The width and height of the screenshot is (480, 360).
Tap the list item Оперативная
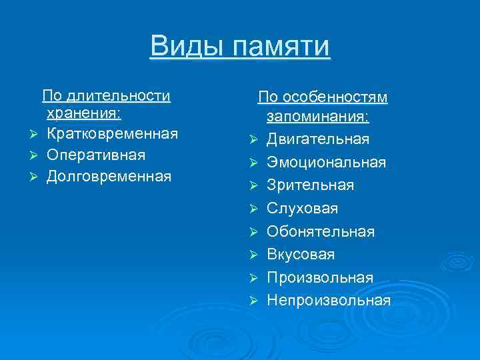[96, 155]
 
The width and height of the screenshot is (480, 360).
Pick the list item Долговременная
[109, 177]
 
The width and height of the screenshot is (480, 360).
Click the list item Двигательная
[317, 139]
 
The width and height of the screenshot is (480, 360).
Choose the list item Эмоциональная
[326, 162]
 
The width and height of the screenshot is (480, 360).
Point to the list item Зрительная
[310, 185]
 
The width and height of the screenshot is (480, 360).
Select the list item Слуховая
[302, 209]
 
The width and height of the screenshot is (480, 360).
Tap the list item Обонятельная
[320, 231]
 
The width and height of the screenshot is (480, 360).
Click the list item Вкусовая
[301, 254]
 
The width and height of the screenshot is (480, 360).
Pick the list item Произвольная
[320, 277]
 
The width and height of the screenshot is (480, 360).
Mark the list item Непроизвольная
[328, 300]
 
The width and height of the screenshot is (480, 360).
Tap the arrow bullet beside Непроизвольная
[253, 301]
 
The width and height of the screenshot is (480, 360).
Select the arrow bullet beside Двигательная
[253, 140]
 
